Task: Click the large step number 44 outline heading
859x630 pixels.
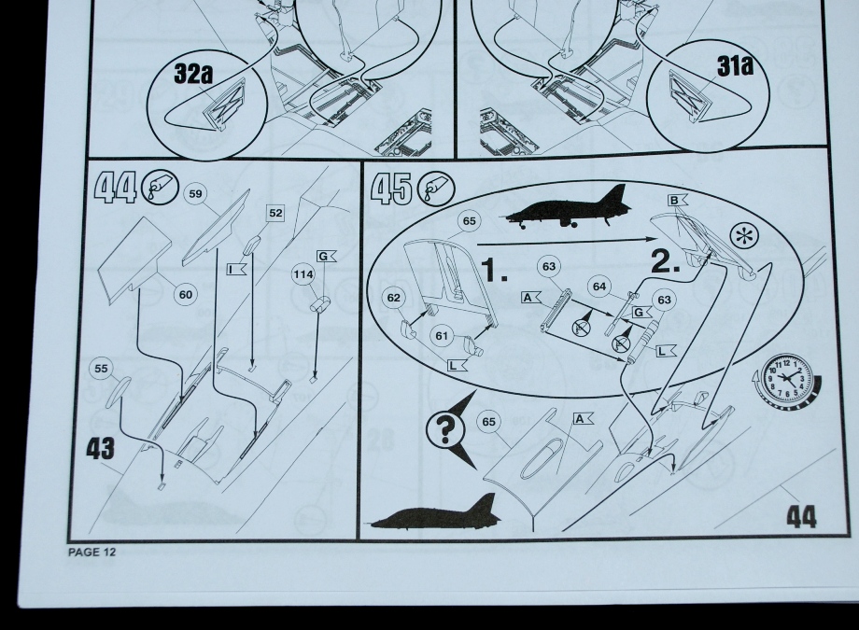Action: click(x=116, y=188)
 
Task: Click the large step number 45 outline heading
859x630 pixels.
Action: click(x=391, y=189)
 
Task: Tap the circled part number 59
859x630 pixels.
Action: click(x=196, y=193)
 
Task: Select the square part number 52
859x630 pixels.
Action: click(x=275, y=213)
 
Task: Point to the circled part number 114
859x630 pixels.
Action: click(x=303, y=273)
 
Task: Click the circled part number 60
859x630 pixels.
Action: click(x=186, y=295)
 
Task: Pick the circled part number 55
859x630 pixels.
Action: click(x=101, y=368)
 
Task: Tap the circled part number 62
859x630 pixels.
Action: click(x=393, y=298)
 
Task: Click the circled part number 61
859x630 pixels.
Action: click(x=442, y=335)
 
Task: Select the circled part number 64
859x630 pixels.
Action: click(x=599, y=287)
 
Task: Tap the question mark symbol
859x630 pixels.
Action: click(x=444, y=429)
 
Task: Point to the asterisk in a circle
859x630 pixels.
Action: click(x=745, y=237)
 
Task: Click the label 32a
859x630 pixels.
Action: click(x=193, y=74)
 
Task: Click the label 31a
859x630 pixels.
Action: click(x=735, y=65)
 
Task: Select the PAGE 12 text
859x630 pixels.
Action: click(x=92, y=553)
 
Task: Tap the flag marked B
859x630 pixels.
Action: click(x=677, y=200)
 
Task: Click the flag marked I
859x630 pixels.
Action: click(x=236, y=269)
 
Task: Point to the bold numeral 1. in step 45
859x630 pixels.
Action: click(x=495, y=269)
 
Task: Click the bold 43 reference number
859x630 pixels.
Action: click(x=100, y=449)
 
